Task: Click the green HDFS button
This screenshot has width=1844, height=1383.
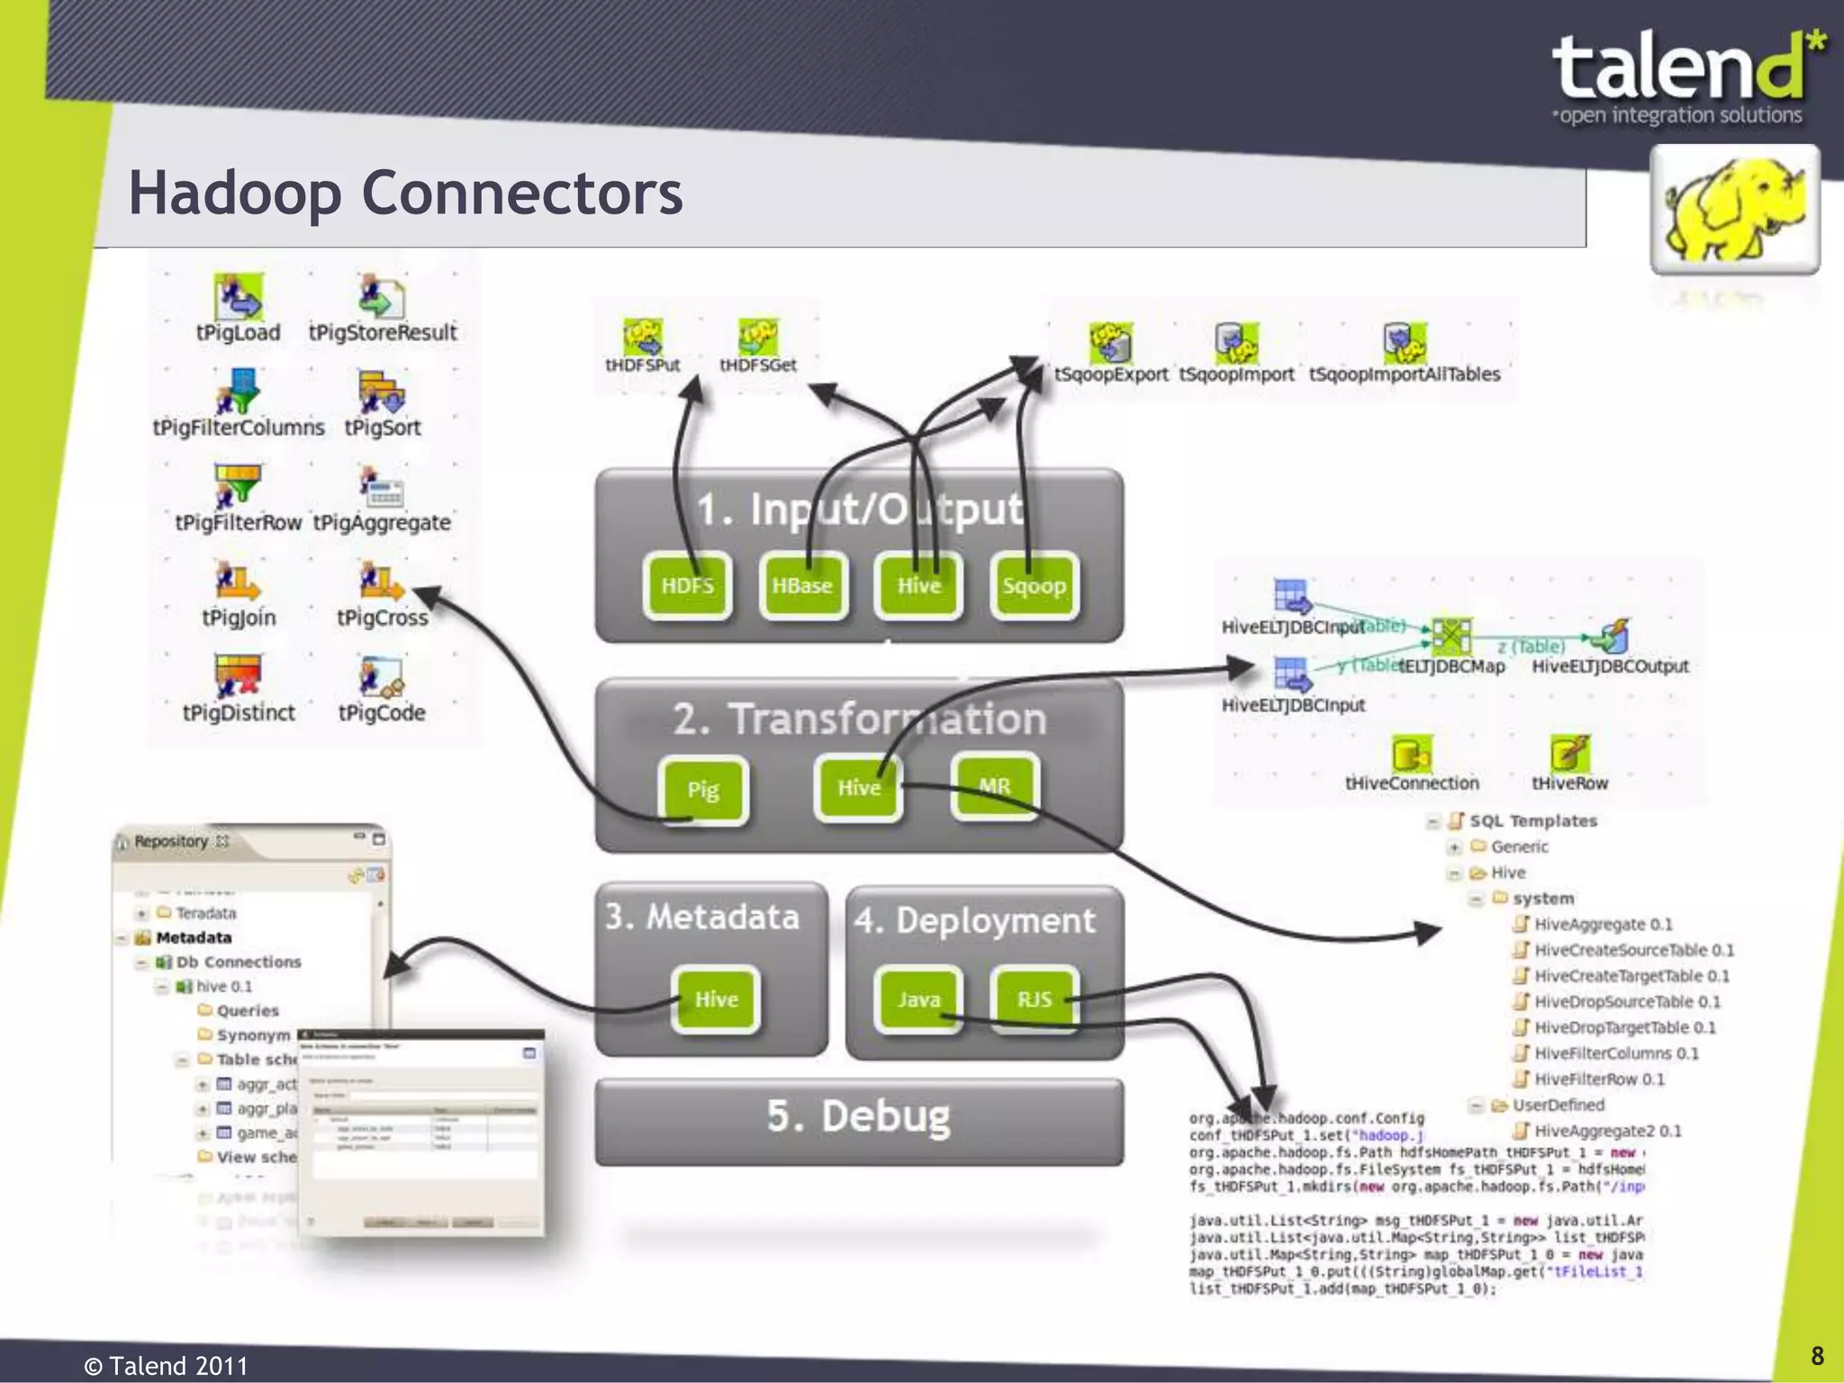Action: [687, 586]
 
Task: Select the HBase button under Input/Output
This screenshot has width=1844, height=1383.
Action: [802, 586]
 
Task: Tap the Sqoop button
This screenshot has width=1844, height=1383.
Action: [1034, 586]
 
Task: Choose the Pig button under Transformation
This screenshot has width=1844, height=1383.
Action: [703, 791]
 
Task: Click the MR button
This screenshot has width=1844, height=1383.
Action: [994, 787]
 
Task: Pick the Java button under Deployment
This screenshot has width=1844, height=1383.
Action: [918, 999]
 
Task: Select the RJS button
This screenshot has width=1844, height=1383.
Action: [1034, 999]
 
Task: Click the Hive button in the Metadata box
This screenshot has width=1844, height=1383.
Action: [716, 999]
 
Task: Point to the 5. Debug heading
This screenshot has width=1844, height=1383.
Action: [858, 1116]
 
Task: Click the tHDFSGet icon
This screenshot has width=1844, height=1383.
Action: [758, 337]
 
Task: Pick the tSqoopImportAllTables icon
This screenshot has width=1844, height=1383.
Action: [1404, 342]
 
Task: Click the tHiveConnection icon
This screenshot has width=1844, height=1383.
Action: [1411, 754]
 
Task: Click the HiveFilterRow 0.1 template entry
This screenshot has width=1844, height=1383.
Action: [1598, 1079]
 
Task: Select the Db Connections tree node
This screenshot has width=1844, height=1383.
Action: [238, 962]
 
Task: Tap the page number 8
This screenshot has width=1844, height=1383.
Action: [1817, 1356]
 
